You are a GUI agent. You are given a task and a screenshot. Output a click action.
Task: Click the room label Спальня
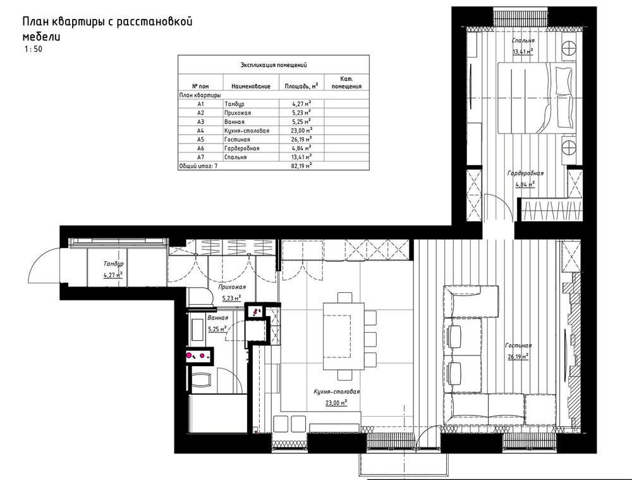click(x=523, y=40)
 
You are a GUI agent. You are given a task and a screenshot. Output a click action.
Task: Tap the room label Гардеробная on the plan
click(x=525, y=173)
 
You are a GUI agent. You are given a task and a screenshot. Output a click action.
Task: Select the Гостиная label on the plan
click(x=518, y=346)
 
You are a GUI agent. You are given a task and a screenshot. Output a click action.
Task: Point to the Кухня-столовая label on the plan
click(x=337, y=391)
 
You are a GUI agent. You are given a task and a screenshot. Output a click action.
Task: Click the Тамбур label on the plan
click(x=113, y=264)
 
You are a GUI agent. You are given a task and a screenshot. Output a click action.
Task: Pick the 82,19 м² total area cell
click(x=302, y=166)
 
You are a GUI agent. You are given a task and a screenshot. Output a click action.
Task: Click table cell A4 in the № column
click(x=201, y=131)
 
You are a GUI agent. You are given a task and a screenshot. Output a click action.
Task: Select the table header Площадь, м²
click(x=301, y=86)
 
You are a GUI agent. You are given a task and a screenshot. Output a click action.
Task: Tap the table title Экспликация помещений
click(x=274, y=65)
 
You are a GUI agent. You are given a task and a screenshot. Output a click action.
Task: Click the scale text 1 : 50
click(x=33, y=49)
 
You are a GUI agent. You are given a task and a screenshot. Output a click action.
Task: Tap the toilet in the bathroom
click(x=200, y=380)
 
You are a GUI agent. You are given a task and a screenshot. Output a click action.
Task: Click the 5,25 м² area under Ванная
click(x=217, y=328)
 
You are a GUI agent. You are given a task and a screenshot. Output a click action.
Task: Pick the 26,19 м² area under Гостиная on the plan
click(x=518, y=357)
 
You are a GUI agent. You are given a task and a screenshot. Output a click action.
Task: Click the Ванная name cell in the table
click(x=234, y=122)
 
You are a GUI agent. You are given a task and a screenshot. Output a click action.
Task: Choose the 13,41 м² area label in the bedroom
click(x=523, y=52)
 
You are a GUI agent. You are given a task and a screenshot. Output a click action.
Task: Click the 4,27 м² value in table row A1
click(x=301, y=104)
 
